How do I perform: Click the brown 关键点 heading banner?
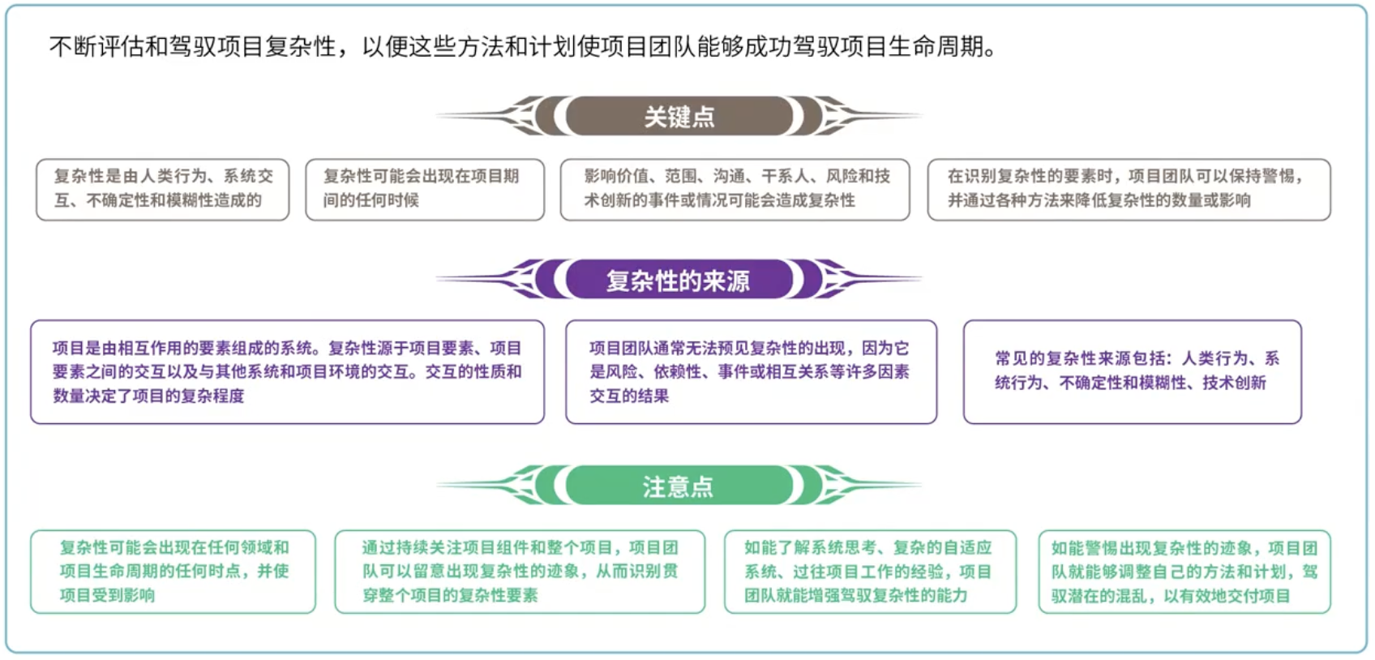(679, 117)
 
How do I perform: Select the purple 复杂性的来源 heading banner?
(679, 281)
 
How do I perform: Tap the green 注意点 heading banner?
(679, 486)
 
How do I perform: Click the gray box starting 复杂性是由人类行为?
(162, 190)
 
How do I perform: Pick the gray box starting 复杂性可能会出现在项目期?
(425, 190)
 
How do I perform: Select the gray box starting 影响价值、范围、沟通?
(735, 190)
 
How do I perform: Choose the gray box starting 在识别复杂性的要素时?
(1129, 190)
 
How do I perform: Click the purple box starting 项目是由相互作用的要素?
(287, 372)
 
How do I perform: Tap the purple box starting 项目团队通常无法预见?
(751, 372)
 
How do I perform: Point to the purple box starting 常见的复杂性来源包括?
(1132, 372)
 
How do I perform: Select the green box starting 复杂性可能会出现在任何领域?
(173, 572)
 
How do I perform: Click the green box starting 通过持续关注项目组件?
(520, 572)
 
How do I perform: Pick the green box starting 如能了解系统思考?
(869, 572)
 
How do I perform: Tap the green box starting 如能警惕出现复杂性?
(1184, 572)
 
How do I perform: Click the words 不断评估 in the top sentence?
(96, 47)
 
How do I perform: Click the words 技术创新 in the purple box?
(1234, 383)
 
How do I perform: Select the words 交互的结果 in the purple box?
(629, 396)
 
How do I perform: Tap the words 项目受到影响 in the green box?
(107, 595)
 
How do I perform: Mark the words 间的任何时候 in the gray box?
(371, 200)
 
